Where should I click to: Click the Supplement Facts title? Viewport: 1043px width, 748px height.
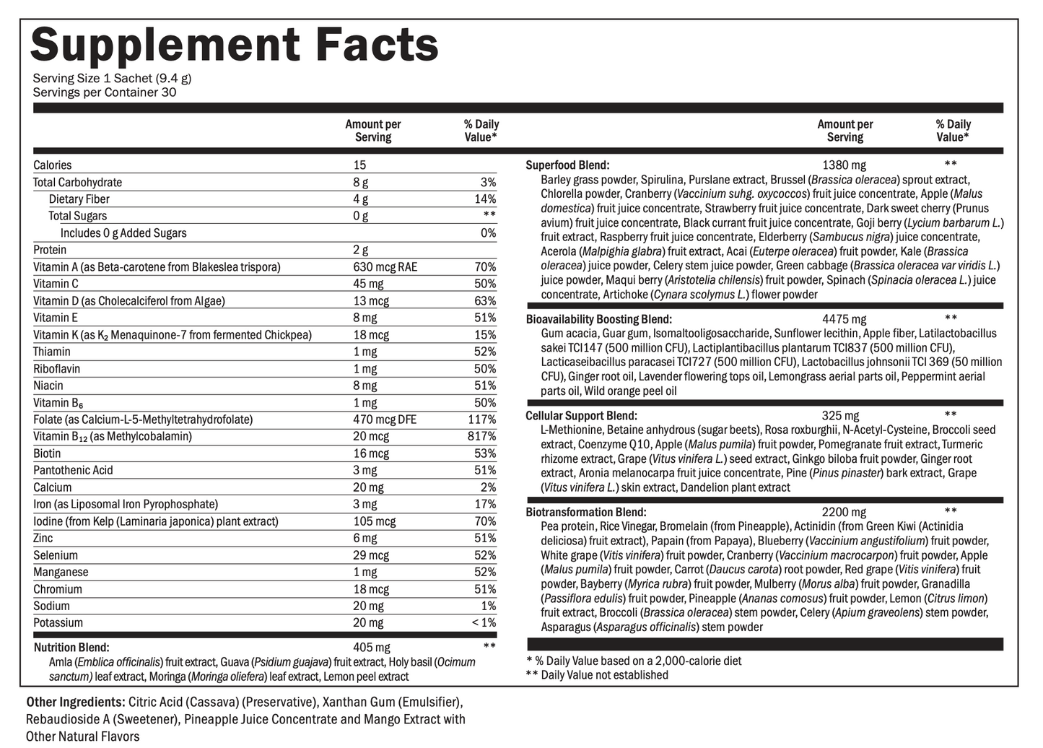(x=234, y=45)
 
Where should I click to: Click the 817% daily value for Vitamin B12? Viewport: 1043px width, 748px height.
(x=481, y=437)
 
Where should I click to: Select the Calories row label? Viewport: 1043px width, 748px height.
(x=53, y=165)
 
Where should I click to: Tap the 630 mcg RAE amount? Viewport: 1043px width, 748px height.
(x=385, y=267)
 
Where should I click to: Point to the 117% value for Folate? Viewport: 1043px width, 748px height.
(x=481, y=419)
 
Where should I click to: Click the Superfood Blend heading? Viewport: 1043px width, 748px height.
(x=567, y=165)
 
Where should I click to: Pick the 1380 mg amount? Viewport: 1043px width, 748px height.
(x=844, y=165)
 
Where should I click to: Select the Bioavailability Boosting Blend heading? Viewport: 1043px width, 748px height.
(x=598, y=319)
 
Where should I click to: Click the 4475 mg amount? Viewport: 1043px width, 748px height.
(x=844, y=319)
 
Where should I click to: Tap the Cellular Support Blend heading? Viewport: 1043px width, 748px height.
(x=581, y=416)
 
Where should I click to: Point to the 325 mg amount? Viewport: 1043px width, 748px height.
(x=840, y=416)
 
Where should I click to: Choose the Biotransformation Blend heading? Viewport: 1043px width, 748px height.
(x=585, y=513)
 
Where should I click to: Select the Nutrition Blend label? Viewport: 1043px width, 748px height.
(x=71, y=648)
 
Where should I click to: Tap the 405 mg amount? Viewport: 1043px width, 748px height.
(x=371, y=648)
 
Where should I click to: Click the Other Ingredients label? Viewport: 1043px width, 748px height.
(x=75, y=702)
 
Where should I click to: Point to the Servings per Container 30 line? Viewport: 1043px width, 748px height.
(x=105, y=92)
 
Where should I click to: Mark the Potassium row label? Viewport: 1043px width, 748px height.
(x=58, y=623)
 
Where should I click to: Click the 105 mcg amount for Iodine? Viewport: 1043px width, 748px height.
(x=374, y=521)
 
